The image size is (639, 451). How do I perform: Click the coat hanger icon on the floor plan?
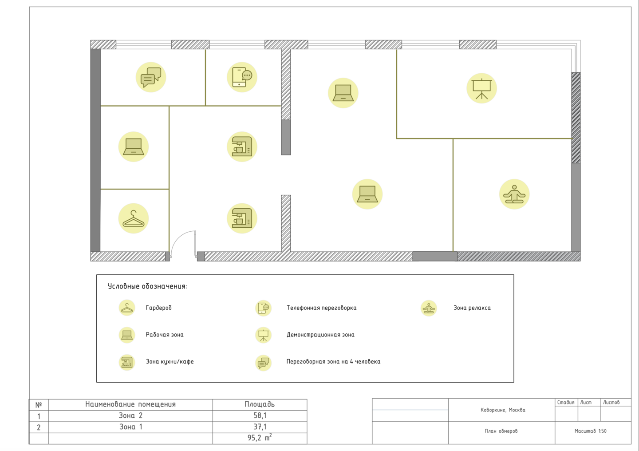(134, 218)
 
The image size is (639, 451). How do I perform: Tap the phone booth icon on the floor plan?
(242, 77)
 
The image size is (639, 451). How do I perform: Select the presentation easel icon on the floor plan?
(481, 88)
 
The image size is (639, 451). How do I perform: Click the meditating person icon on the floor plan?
(514, 194)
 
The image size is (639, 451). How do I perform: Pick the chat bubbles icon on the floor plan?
(151, 77)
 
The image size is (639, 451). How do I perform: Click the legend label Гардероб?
(158, 308)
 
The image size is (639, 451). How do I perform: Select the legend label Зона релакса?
(472, 308)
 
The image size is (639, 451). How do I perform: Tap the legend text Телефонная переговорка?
(321, 308)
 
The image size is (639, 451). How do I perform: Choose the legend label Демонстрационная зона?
(321, 335)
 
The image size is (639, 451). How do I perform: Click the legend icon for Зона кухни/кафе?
(127, 363)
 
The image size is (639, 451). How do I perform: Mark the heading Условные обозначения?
(147, 286)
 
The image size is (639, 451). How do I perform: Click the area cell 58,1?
(260, 415)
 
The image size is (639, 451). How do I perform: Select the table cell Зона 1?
(130, 427)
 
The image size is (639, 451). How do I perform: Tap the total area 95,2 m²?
(260, 438)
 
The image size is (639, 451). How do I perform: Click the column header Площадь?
(260, 404)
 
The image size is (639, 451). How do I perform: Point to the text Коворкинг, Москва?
(503, 410)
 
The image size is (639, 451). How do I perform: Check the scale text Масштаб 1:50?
(591, 431)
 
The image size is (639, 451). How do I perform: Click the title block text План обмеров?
(501, 431)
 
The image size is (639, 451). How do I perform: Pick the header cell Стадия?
(566, 403)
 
